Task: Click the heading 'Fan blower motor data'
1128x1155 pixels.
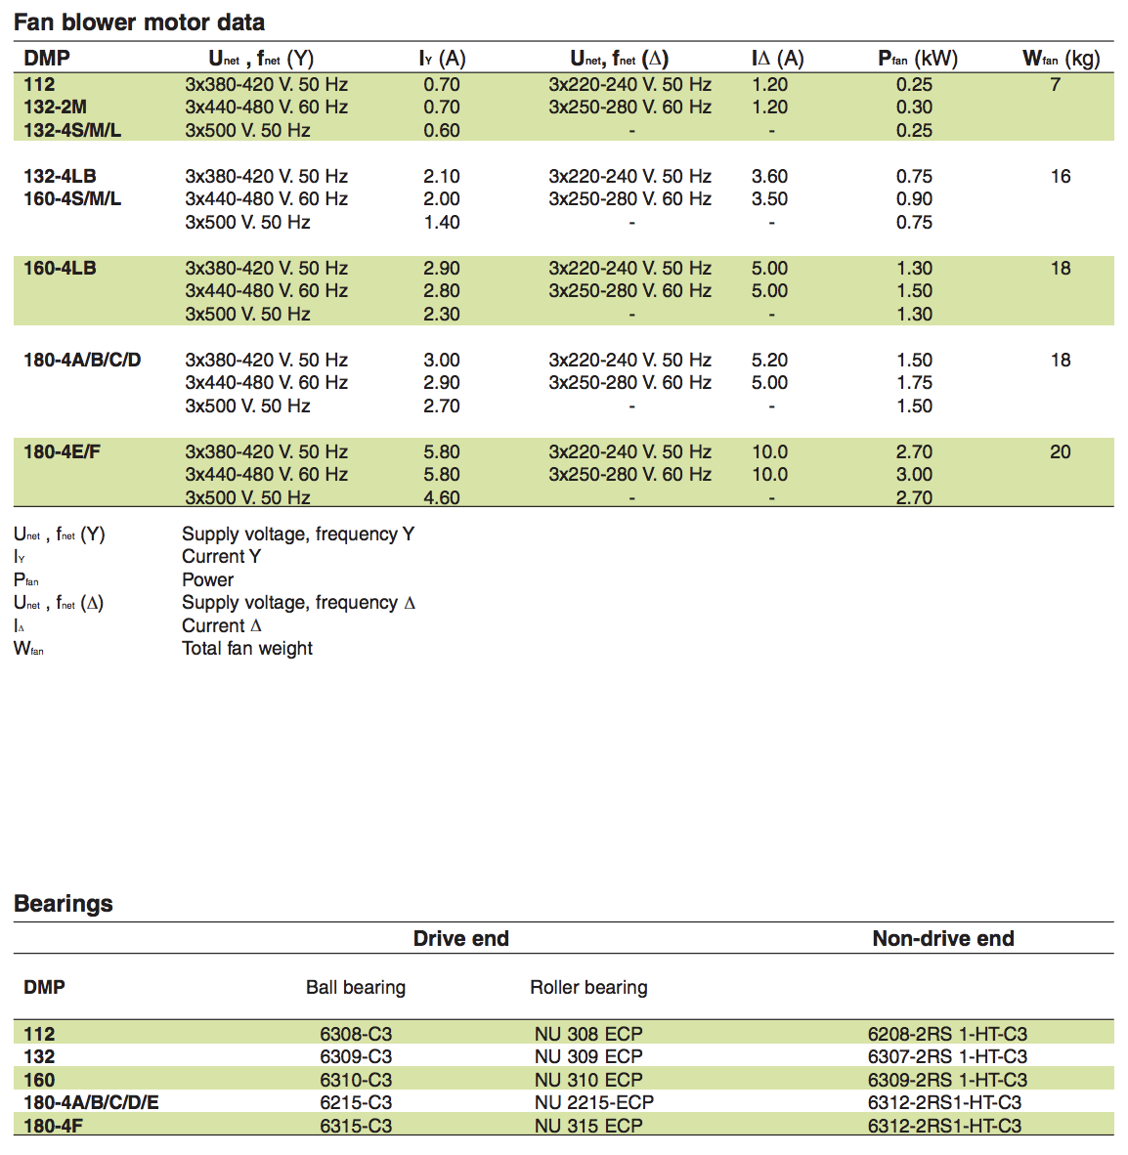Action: (139, 22)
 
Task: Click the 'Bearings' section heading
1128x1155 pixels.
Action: (64, 904)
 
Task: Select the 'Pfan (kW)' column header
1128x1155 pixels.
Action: (918, 59)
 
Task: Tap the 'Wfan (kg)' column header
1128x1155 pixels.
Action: (1061, 59)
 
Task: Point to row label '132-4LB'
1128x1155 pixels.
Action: (60, 177)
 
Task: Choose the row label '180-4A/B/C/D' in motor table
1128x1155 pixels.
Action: (82, 361)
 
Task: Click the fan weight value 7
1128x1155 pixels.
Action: (1056, 85)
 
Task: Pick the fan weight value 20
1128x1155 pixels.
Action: (1061, 452)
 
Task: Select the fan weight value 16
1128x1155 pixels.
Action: (1061, 177)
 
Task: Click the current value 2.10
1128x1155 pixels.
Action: (442, 177)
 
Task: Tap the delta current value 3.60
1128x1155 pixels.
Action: (769, 177)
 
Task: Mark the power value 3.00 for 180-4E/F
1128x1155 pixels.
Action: (914, 475)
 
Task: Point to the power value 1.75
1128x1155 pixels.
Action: (914, 383)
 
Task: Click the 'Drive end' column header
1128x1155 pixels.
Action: (460, 939)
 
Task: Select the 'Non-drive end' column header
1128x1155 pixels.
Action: (943, 939)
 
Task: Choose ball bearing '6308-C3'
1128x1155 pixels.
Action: (356, 1034)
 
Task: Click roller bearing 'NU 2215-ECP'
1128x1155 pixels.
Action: (593, 1102)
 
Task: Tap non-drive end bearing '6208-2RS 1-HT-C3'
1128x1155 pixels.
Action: (947, 1034)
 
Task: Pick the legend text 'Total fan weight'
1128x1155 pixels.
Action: (247, 649)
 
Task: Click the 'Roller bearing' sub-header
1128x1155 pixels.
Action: (588, 988)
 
